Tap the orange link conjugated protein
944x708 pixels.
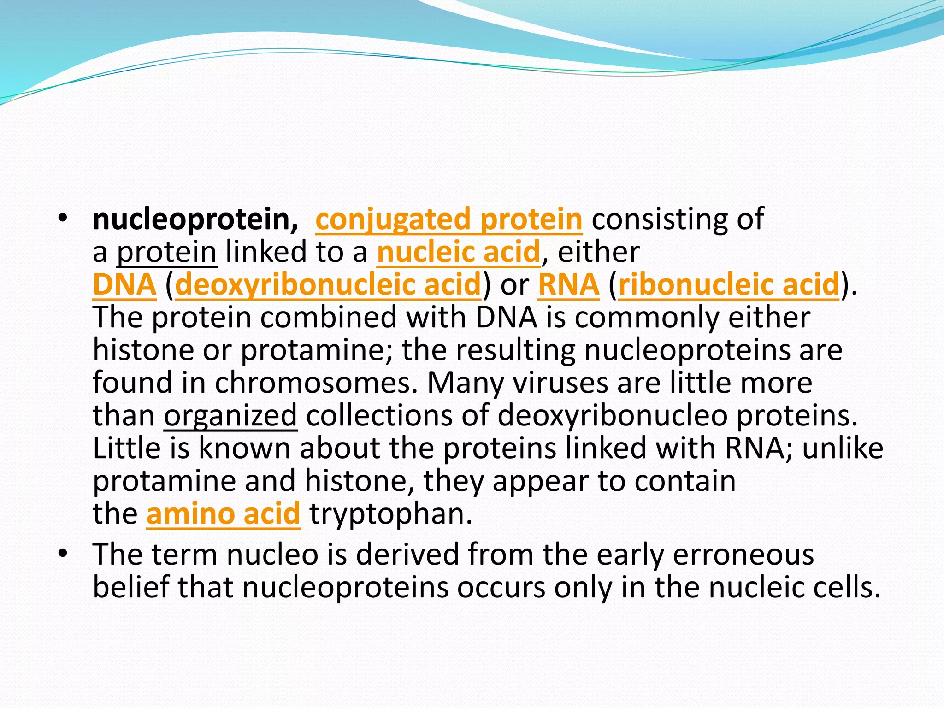(448, 219)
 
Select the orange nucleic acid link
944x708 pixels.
(458, 252)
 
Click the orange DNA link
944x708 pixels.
(124, 284)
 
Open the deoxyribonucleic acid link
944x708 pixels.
(328, 284)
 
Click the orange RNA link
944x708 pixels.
(568, 284)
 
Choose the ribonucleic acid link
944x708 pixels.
(728, 284)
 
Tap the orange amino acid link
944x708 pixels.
(223, 513)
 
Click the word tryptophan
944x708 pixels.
(390, 514)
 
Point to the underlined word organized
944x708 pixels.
(230, 416)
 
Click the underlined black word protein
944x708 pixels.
(166, 253)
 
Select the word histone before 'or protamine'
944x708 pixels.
(143, 350)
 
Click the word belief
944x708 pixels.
(131, 587)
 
